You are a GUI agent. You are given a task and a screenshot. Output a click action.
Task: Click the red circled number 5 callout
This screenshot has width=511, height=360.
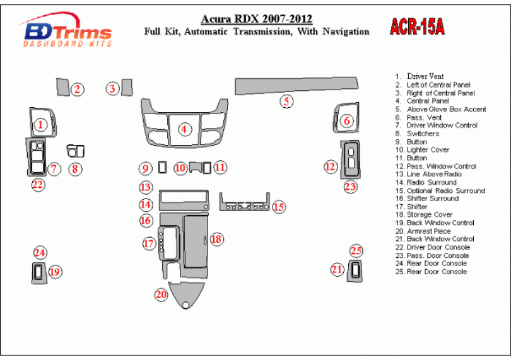click(286, 101)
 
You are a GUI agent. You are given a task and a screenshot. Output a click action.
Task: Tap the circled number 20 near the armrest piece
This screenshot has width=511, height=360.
click(162, 294)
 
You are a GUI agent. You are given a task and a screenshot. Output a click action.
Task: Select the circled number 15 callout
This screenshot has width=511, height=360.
click(279, 206)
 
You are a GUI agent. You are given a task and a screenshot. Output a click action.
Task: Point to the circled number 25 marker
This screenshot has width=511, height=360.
click(356, 251)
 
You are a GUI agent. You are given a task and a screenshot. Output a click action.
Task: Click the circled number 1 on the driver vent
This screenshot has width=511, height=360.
click(40, 125)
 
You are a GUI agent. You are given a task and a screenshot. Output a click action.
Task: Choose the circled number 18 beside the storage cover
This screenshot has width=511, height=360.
click(216, 239)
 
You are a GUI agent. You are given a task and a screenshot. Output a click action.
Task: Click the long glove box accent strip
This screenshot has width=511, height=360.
click(296, 84)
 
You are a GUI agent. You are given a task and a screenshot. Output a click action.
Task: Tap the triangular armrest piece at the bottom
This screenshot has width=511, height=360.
click(186, 294)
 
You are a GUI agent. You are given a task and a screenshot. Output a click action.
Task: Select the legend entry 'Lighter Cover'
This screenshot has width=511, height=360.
click(428, 150)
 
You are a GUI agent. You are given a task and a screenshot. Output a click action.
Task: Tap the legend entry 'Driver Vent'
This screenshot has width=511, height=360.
click(425, 76)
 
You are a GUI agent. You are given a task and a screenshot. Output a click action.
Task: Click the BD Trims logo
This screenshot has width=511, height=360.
click(66, 33)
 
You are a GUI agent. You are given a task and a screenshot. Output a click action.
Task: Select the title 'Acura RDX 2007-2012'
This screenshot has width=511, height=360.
click(256, 19)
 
